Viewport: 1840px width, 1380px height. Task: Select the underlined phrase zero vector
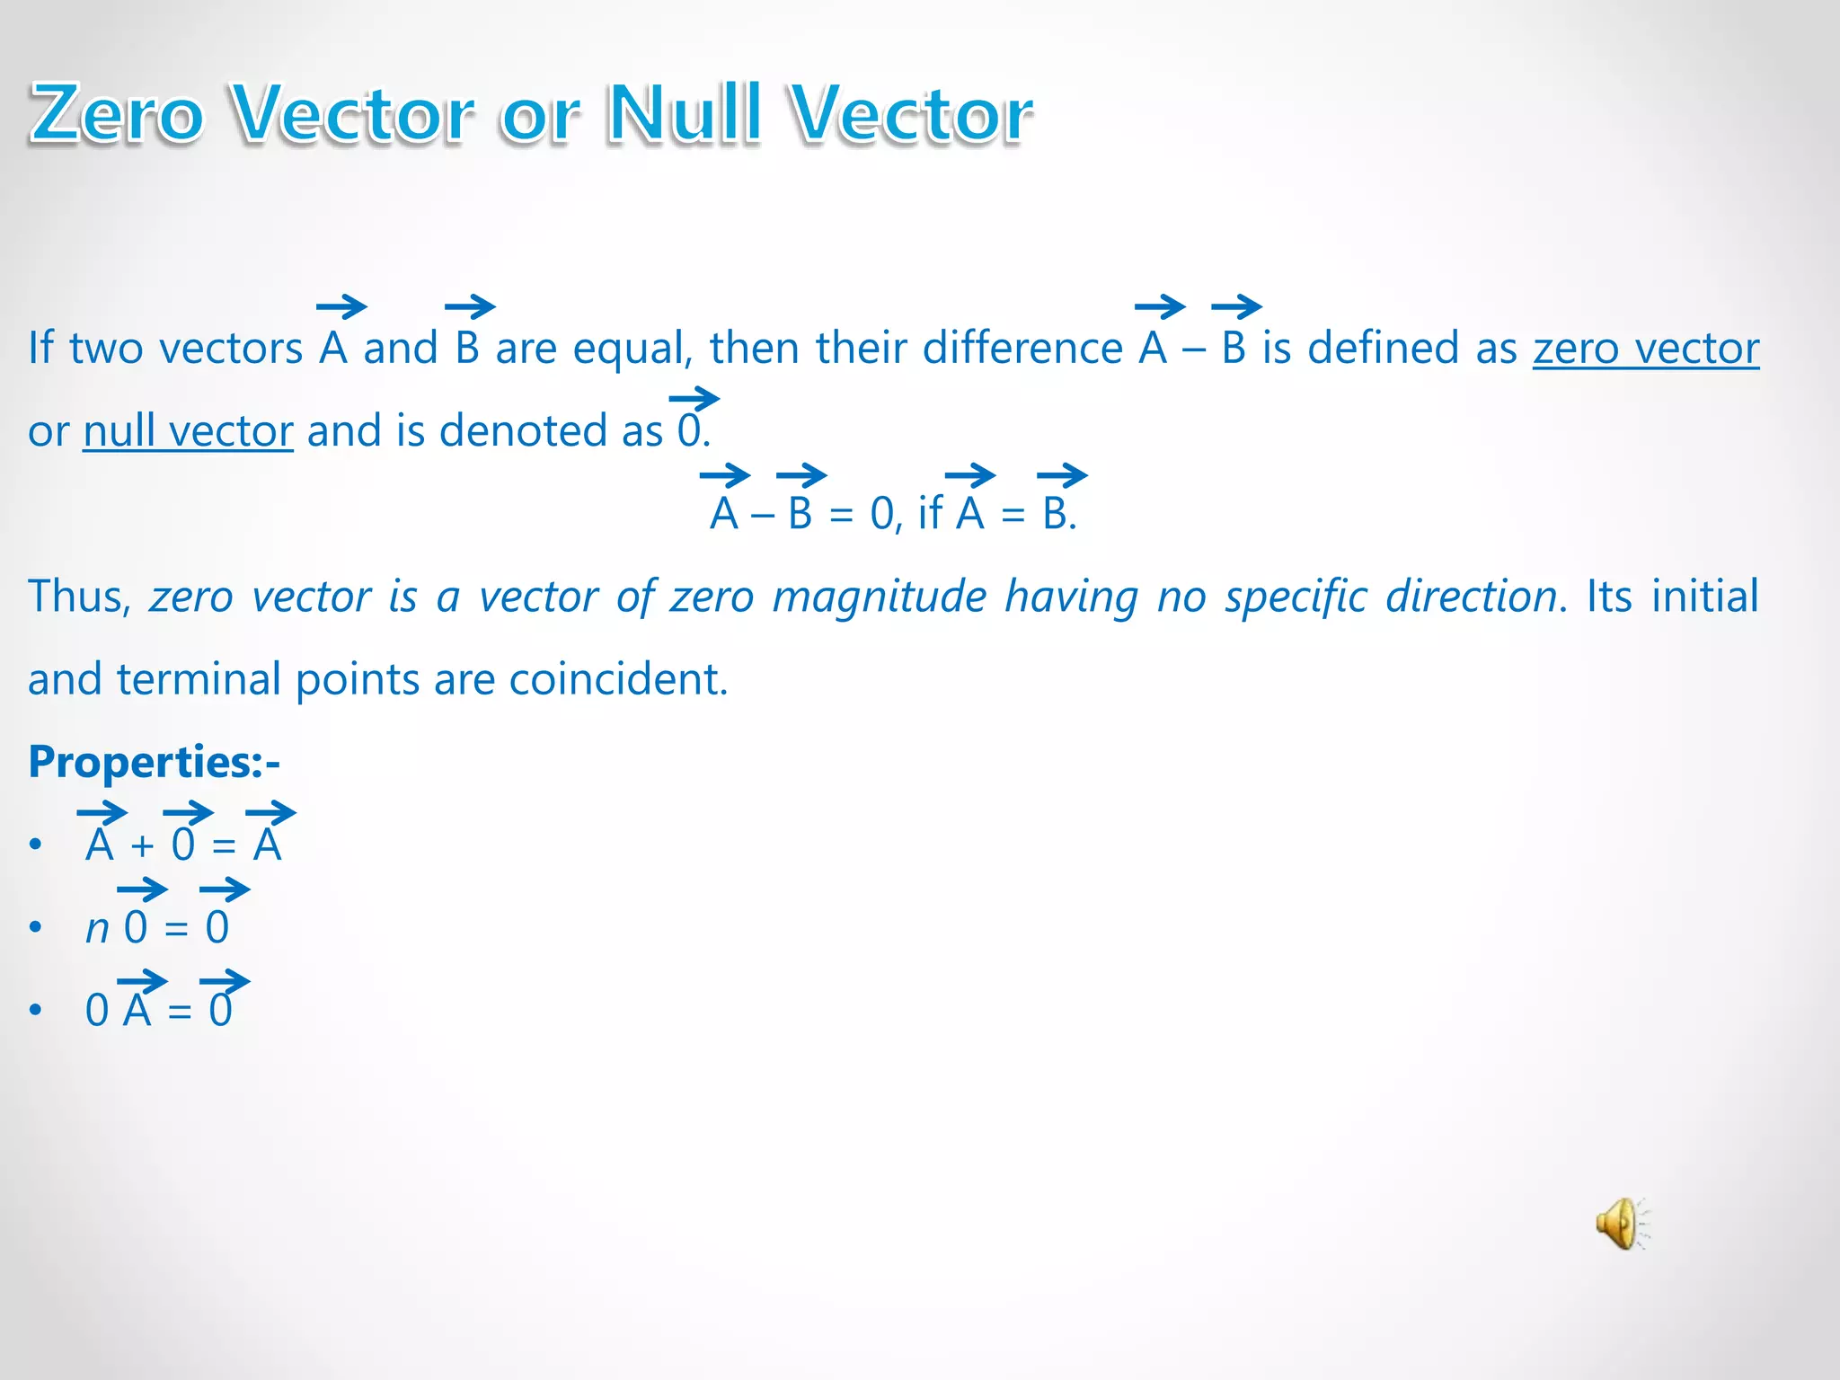[x=1645, y=349]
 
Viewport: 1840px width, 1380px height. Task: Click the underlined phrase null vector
[x=188, y=431]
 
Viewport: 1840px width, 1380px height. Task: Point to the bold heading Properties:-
[x=154, y=762]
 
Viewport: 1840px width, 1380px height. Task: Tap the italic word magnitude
[x=879, y=597]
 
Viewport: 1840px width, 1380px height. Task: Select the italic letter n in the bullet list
[x=97, y=929]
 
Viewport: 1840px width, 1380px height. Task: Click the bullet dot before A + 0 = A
[x=35, y=845]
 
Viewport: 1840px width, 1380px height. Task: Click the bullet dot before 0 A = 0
[x=35, y=1010]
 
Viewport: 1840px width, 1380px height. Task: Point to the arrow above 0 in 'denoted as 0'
[x=694, y=398]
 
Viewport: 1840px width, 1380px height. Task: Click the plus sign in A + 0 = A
[x=142, y=846]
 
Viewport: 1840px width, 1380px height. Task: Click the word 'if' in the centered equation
[x=930, y=514]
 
